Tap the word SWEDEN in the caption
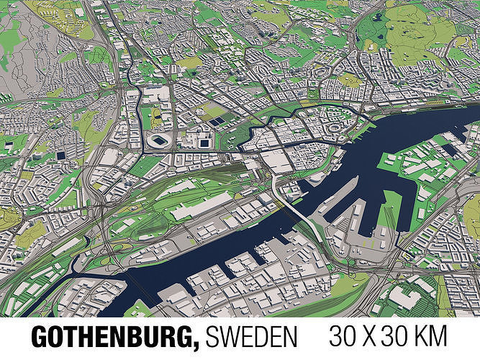point(252,337)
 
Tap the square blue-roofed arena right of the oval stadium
point(204,142)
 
